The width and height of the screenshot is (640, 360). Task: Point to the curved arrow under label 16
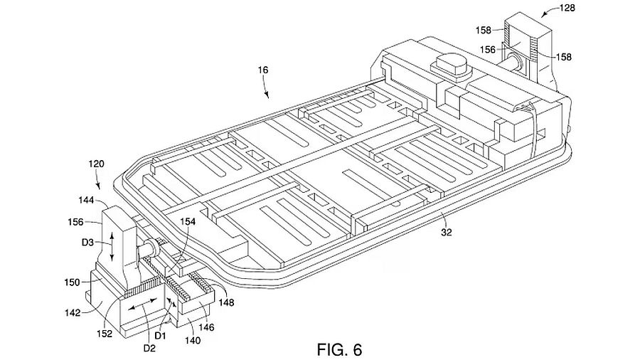pos(266,89)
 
